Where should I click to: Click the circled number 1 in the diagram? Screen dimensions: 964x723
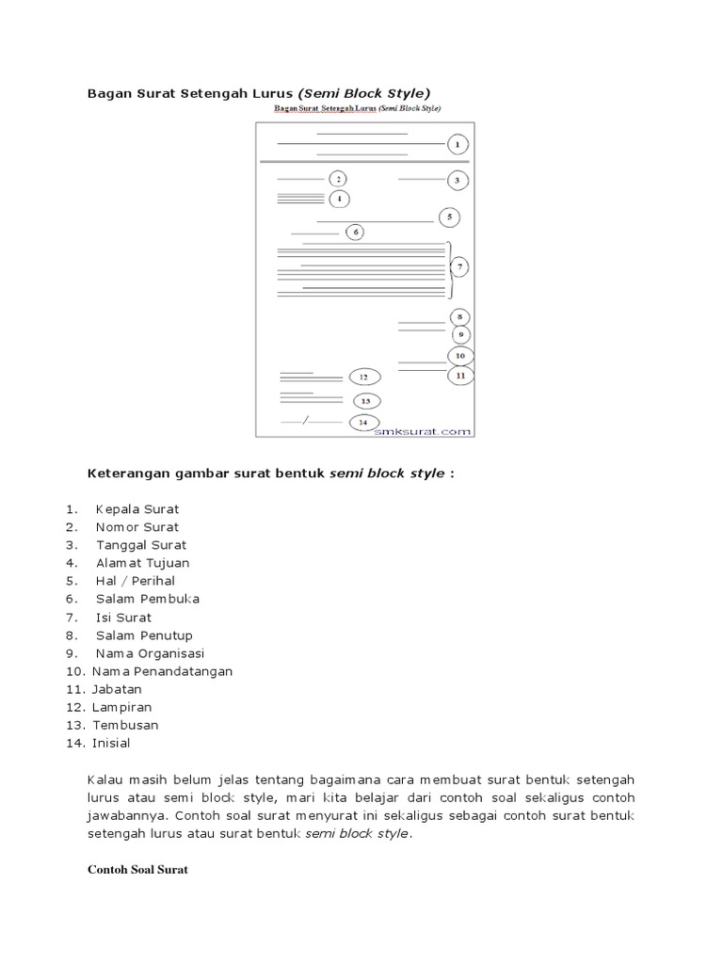point(457,144)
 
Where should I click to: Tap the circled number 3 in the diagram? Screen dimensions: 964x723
point(457,179)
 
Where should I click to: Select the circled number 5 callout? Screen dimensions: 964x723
point(450,217)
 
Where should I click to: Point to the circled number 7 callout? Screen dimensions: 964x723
point(459,268)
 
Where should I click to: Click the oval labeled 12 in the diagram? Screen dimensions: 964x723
point(363,377)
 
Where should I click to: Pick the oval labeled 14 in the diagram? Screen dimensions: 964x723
point(363,423)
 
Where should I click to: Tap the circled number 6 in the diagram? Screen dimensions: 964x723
point(355,232)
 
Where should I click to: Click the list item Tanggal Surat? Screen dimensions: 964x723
point(141,545)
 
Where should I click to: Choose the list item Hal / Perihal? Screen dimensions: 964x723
point(136,581)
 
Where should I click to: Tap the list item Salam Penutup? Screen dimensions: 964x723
point(143,635)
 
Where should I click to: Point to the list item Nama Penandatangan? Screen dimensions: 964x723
point(162,671)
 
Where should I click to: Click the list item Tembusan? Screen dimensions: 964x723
point(125,725)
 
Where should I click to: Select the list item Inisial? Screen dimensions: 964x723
point(111,743)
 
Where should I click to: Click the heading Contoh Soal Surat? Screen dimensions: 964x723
point(137,871)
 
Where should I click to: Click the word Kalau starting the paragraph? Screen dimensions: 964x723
point(105,780)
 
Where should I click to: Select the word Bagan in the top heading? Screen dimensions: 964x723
point(107,93)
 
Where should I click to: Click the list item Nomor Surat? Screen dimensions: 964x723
point(137,527)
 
